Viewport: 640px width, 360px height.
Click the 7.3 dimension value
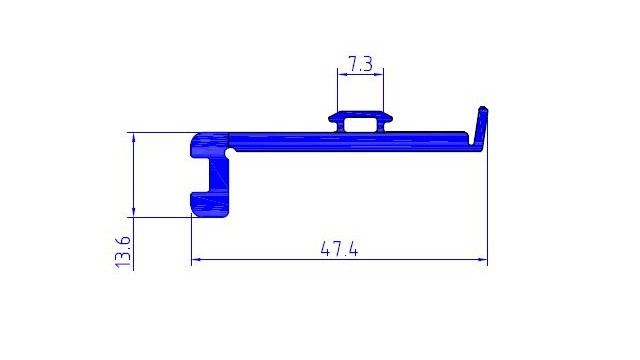pyautogui.click(x=360, y=64)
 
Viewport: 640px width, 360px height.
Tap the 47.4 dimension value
pyautogui.click(x=340, y=249)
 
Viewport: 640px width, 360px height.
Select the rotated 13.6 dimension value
pyautogui.click(x=123, y=252)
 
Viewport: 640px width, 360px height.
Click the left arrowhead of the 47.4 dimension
pyautogui.click(x=196, y=259)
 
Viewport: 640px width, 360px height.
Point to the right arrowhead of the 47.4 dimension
pyautogui.click(x=483, y=259)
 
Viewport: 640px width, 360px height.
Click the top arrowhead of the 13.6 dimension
pyautogui.click(x=133, y=137)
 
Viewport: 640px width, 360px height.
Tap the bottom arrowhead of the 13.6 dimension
pyautogui.click(x=133, y=213)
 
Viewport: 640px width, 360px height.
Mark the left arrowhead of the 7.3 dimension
pyautogui.click(x=342, y=74)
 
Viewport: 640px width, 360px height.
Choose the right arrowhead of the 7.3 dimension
pyautogui.click(x=379, y=74)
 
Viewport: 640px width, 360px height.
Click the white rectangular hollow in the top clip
pyautogui.click(x=360, y=125)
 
